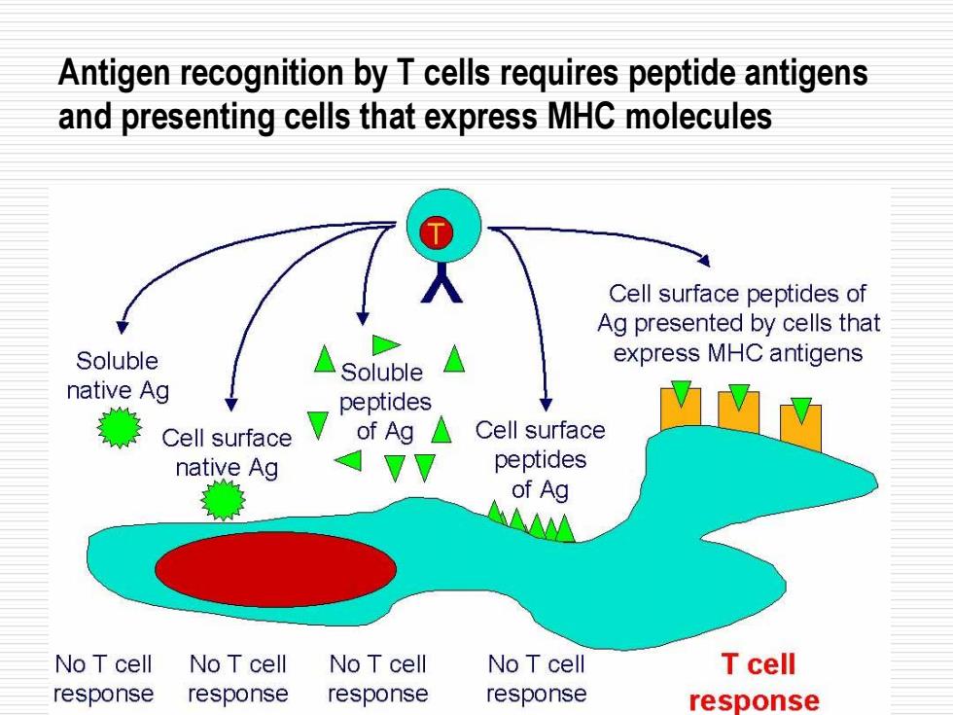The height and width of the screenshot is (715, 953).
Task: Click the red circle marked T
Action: (x=436, y=232)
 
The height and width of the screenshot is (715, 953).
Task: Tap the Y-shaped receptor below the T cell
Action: (x=441, y=283)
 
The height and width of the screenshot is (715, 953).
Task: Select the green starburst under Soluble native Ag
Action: (x=120, y=427)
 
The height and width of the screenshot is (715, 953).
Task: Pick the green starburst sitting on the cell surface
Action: (x=223, y=499)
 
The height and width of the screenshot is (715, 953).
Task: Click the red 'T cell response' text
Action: (x=755, y=682)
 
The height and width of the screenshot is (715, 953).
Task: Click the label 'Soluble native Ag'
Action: (x=118, y=375)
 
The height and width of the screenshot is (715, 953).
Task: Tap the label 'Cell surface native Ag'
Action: (x=227, y=453)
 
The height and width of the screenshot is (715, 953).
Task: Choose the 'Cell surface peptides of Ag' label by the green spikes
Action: (x=541, y=460)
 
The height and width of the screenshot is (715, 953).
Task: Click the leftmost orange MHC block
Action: (x=681, y=408)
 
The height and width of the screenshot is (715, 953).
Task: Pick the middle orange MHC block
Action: (x=738, y=412)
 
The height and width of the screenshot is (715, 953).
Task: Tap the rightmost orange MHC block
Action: (x=801, y=427)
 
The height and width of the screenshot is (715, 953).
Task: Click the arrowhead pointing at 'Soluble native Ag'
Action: (x=123, y=327)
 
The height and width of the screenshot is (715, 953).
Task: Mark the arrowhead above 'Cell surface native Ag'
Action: (x=231, y=405)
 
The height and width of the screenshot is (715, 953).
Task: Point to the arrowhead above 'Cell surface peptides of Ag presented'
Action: (x=704, y=260)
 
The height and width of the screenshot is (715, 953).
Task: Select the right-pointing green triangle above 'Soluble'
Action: (x=386, y=344)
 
